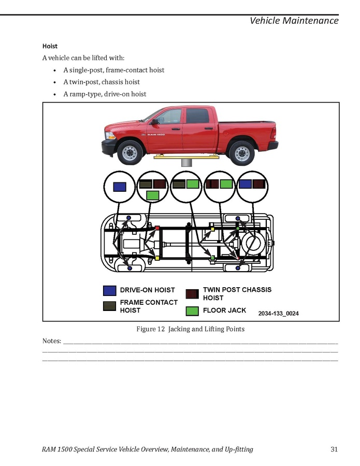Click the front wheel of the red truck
click(129, 152)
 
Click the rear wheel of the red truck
click(241, 152)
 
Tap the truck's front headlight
click(110, 136)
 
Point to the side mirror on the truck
click(154, 122)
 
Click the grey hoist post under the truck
click(186, 162)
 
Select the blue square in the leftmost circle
click(120, 187)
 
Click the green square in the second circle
click(152, 195)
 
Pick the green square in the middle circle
click(193, 183)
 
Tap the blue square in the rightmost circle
click(245, 183)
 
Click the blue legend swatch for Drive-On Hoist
click(109, 290)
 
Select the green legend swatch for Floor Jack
click(192, 311)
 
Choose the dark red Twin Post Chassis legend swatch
click(192, 293)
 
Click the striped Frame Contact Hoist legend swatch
click(109, 306)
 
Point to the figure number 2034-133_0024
click(278, 314)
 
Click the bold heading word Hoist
click(50, 46)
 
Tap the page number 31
click(334, 449)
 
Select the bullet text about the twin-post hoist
click(102, 82)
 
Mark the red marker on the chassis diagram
click(157, 228)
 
